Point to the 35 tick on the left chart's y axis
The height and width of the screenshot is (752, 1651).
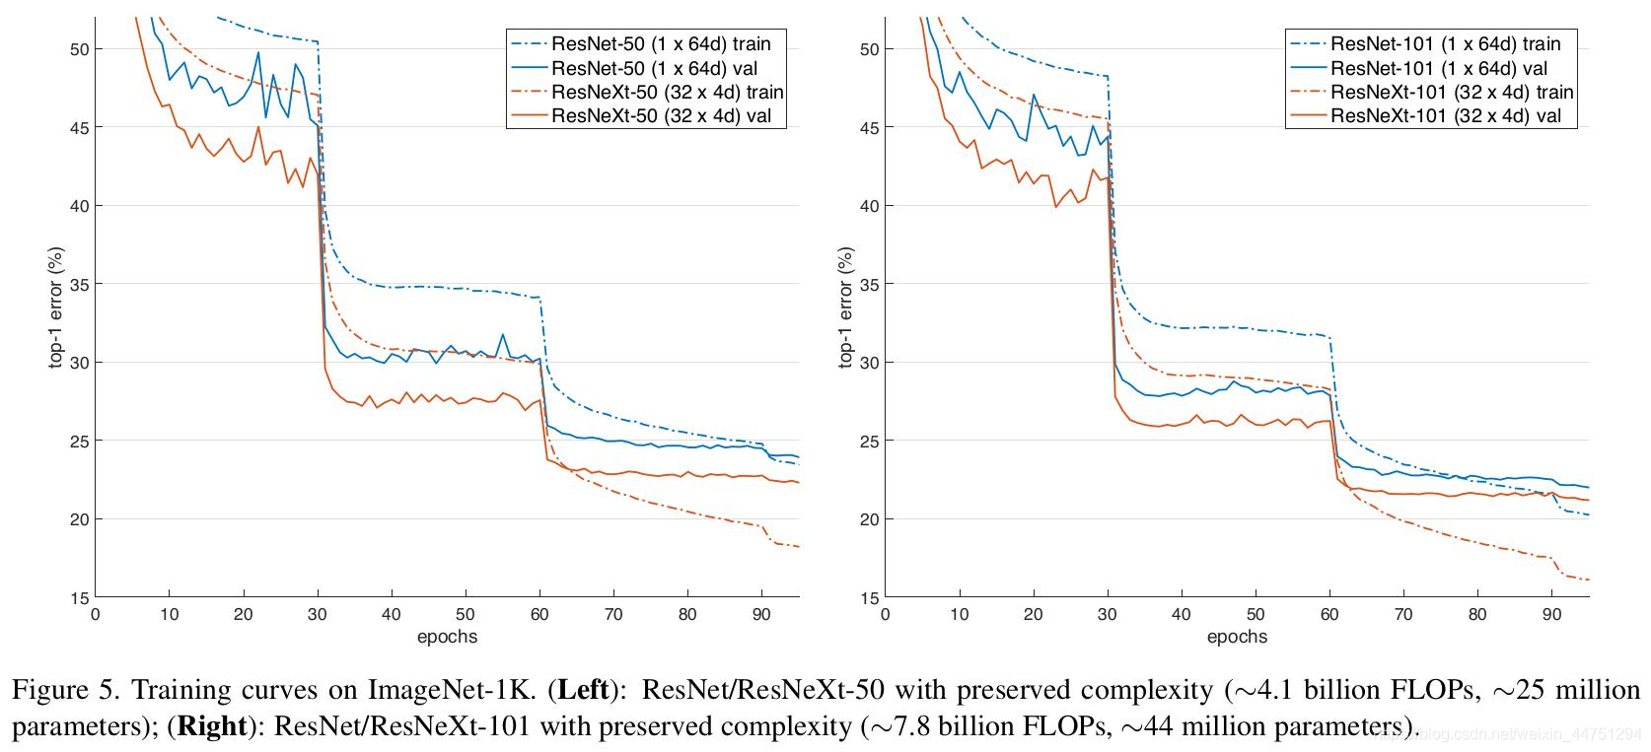(80, 284)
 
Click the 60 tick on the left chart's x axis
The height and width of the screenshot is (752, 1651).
(539, 614)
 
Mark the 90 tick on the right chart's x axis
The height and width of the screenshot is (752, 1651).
(1551, 614)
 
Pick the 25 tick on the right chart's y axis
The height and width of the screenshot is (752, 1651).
(870, 442)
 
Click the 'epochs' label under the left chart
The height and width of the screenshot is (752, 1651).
(448, 637)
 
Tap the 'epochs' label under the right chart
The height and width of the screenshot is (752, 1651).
(1237, 637)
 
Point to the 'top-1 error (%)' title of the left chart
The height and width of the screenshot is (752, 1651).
(56, 308)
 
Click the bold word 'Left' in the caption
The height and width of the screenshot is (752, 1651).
(584, 690)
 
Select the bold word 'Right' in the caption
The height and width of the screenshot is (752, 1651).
(212, 726)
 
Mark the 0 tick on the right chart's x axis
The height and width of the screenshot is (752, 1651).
(886, 614)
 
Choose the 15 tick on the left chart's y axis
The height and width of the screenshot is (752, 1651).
(80, 598)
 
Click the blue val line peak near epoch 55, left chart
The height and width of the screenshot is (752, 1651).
(503, 335)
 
